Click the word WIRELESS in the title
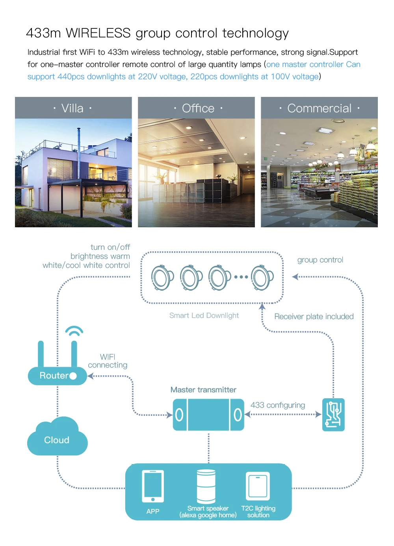(98, 33)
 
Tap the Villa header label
(73, 108)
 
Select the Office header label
(198, 108)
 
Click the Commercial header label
(319, 108)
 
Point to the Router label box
(57, 376)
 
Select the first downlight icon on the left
(162, 277)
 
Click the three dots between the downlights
(241, 277)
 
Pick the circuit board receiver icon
(333, 414)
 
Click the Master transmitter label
(203, 390)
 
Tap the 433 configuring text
(278, 405)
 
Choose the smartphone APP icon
(153, 486)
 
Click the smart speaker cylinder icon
(206, 486)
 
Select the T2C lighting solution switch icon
(258, 486)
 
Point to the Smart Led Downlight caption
(204, 316)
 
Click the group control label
(320, 260)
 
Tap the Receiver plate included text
(314, 316)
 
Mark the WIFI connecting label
(108, 361)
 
